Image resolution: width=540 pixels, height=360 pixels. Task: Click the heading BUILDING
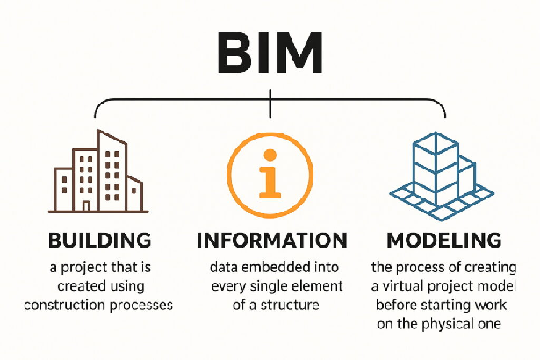point(99,240)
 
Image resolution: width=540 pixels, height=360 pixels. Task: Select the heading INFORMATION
point(270,240)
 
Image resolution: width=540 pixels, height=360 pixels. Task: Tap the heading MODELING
point(443,240)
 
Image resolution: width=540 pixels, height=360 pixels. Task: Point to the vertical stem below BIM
point(270,106)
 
